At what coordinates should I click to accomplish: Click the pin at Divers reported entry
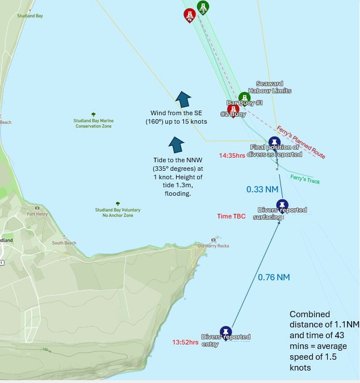click(x=226, y=331)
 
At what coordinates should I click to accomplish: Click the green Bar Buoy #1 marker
click(x=244, y=97)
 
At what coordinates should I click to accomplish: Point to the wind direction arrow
click(x=183, y=99)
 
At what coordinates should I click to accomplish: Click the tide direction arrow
click(x=177, y=144)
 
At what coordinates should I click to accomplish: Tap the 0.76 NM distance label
click(x=274, y=277)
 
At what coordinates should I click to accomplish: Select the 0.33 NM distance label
click(x=262, y=190)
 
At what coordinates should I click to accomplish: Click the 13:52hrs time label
click(x=185, y=342)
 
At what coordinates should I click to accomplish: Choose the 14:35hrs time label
click(x=232, y=155)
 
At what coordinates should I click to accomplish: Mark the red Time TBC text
click(x=231, y=216)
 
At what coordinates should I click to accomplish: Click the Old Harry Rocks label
click(x=213, y=246)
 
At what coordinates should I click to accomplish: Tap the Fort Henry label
click(x=37, y=214)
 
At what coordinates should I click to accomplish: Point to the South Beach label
click(x=64, y=243)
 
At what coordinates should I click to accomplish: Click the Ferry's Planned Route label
click(x=301, y=142)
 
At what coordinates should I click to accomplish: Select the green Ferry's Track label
click(x=303, y=178)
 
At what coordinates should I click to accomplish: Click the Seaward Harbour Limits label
click(x=273, y=87)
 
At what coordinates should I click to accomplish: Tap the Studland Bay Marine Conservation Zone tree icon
click(x=93, y=115)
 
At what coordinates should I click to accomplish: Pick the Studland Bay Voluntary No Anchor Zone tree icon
click(x=118, y=203)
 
